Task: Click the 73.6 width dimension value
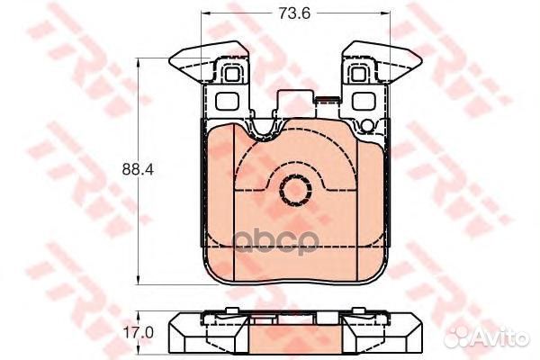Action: point(289,13)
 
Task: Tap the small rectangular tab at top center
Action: point(294,103)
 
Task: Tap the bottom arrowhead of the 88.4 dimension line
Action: point(138,276)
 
